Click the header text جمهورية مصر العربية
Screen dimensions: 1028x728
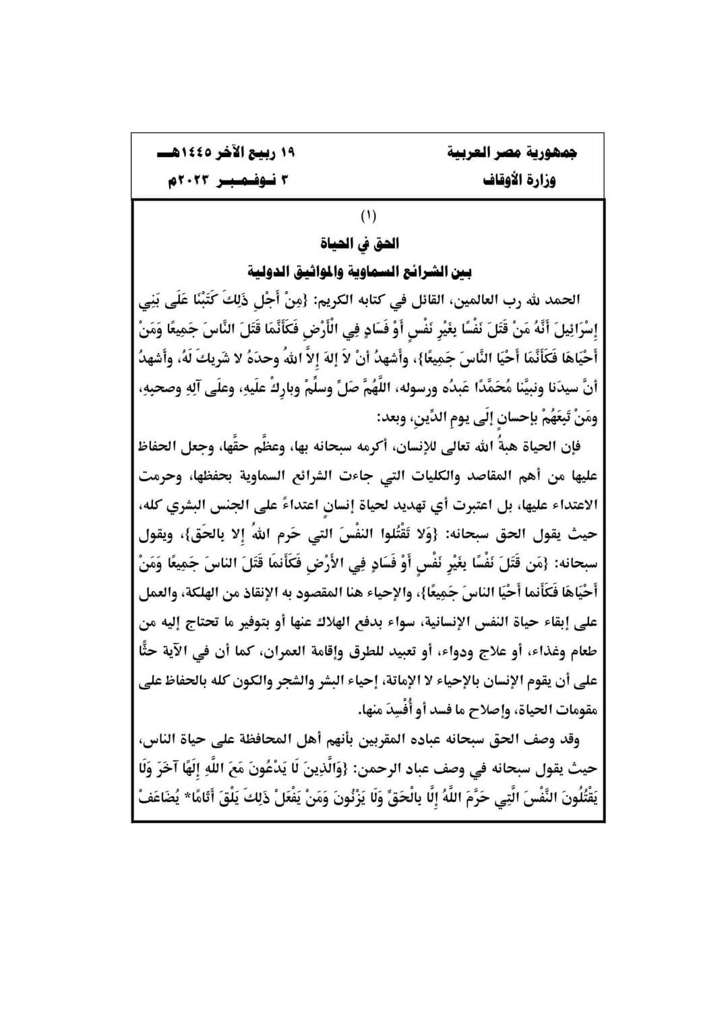(x=512, y=152)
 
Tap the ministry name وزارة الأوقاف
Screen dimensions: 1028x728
(x=519, y=181)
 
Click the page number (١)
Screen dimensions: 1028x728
(x=368, y=216)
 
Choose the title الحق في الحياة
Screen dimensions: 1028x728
(x=367, y=243)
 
